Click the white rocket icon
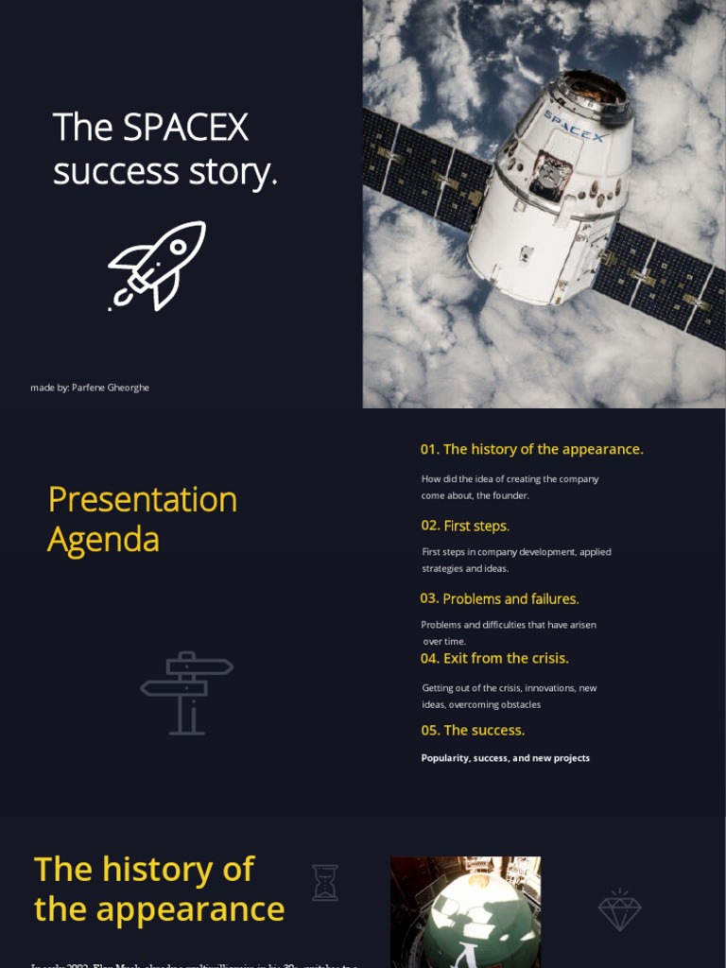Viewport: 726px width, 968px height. point(157,266)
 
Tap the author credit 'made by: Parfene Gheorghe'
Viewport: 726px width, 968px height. point(90,388)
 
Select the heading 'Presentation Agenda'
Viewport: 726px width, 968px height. point(142,519)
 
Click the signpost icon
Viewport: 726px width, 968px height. point(186,692)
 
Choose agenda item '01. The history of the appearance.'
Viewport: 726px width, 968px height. point(531,449)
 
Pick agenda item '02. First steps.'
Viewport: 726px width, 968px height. point(465,526)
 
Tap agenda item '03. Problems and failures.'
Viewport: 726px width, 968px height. point(499,598)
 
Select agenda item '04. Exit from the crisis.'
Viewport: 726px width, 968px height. point(494,658)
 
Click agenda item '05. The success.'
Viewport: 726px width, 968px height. point(473,730)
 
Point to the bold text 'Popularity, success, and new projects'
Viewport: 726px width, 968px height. point(505,758)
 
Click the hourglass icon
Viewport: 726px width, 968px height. point(324,882)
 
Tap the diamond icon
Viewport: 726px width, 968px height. point(619,909)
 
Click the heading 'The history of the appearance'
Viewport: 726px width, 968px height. point(159,889)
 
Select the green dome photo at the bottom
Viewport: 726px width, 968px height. point(465,912)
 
